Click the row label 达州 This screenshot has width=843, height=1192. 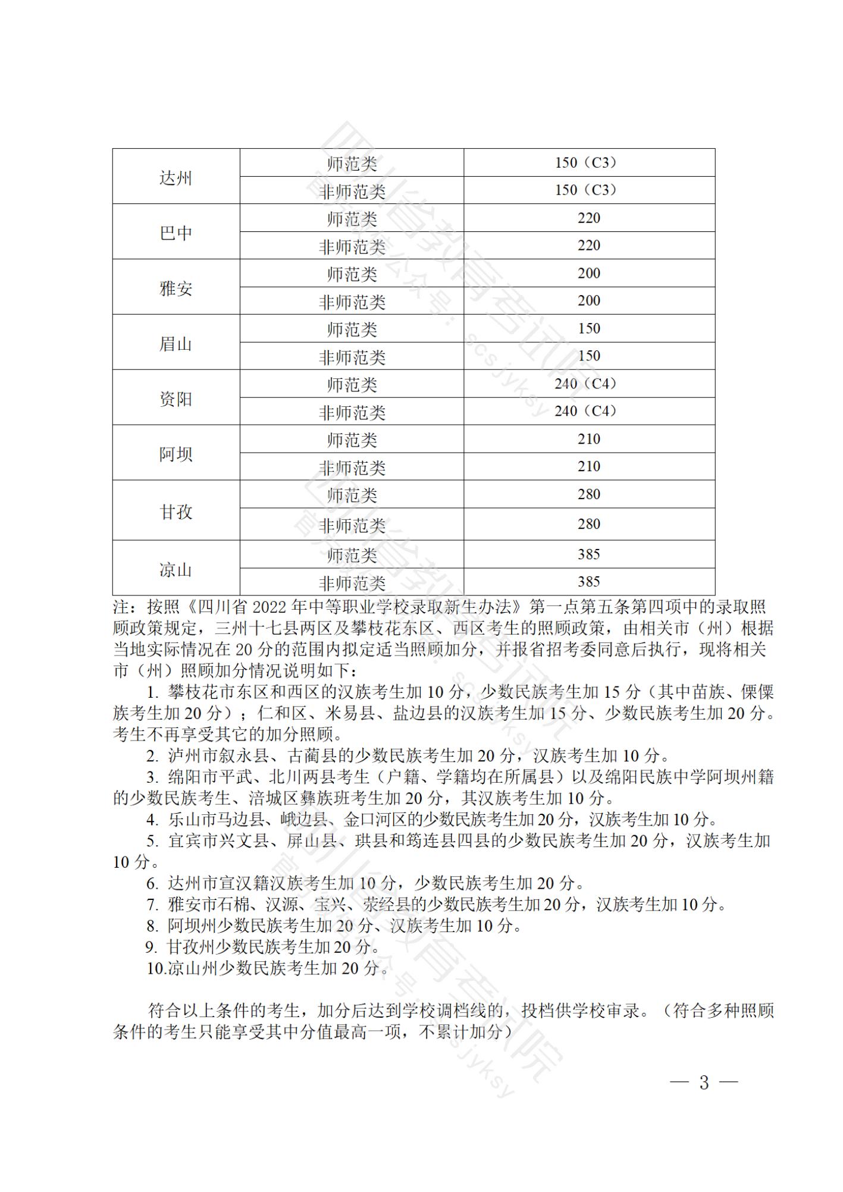[176, 177]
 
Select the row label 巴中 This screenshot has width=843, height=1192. [176, 233]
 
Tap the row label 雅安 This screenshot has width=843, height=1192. [176, 288]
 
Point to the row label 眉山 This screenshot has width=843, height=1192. [176, 343]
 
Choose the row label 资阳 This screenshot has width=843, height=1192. [176, 399]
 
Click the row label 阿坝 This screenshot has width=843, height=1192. [176, 454]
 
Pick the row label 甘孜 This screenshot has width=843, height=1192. [176, 512]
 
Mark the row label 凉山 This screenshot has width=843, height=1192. [176, 569]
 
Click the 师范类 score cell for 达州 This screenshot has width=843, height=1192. [588, 162]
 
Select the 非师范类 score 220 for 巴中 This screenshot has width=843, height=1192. [588, 245]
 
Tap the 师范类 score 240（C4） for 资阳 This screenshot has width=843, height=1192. [588, 384]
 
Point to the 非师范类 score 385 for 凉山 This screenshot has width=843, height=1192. [588, 581]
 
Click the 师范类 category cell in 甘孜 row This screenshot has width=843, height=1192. [352, 495]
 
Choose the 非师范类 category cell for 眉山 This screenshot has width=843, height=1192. [352, 357]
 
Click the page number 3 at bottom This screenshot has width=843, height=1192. [704, 1082]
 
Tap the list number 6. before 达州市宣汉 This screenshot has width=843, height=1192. [153, 883]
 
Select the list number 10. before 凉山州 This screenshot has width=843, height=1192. [156, 968]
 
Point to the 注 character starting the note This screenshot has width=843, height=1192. [121, 607]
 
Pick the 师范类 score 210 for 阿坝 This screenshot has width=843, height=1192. [588, 439]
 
